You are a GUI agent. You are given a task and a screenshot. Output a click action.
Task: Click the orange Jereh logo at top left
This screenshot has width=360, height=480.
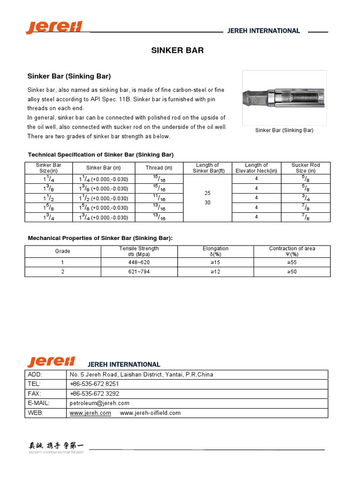(x=54, y=27)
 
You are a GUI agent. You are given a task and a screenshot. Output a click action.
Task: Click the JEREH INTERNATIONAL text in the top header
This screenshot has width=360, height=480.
(x=263, y=31)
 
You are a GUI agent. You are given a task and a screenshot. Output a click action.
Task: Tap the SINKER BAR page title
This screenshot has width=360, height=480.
(x=177, y=51)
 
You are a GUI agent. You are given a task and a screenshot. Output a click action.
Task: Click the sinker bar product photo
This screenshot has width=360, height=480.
(x=284, y=97)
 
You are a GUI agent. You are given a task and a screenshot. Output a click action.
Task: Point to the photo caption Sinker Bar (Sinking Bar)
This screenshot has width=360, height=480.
(x=284, y=130)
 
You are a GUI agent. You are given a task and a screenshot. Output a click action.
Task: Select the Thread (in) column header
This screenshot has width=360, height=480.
(x=159, y=168)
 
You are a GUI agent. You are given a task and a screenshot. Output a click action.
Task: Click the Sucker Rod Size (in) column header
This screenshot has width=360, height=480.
(x=306, y=168)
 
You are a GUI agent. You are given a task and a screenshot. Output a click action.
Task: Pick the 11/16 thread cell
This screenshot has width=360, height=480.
(x=159, y=198)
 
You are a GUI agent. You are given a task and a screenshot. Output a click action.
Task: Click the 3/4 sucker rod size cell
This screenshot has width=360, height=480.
(x=306, y=198)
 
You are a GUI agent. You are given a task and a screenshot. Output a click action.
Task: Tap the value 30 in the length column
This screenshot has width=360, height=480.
(x=208, y=202)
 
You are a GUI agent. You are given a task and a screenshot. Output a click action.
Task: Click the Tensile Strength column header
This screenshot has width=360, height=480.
(x=139, y=251)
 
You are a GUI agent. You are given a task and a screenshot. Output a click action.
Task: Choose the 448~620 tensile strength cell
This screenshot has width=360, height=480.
(x=139, y=262)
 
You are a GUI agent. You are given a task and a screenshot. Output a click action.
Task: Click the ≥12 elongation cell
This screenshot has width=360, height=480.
(x=215, y=272)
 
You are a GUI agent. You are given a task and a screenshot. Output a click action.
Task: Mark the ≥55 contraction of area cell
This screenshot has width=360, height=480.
(x=292, y=262)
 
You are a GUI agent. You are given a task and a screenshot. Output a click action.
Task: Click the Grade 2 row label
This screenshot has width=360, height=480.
(x=63, y=272)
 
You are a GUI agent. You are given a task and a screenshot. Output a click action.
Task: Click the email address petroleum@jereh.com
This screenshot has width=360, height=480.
(x=99, y=403)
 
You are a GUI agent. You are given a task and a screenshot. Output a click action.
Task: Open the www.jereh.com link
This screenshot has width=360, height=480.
(x=90, y=413)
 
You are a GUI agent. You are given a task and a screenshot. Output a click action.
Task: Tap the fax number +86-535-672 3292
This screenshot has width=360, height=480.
(x=94, y=394)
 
